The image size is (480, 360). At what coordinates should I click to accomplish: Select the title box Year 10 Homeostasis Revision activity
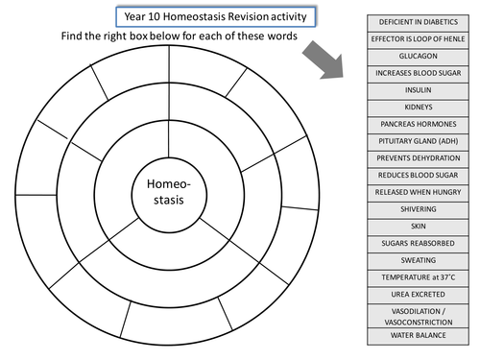(217, 16)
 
